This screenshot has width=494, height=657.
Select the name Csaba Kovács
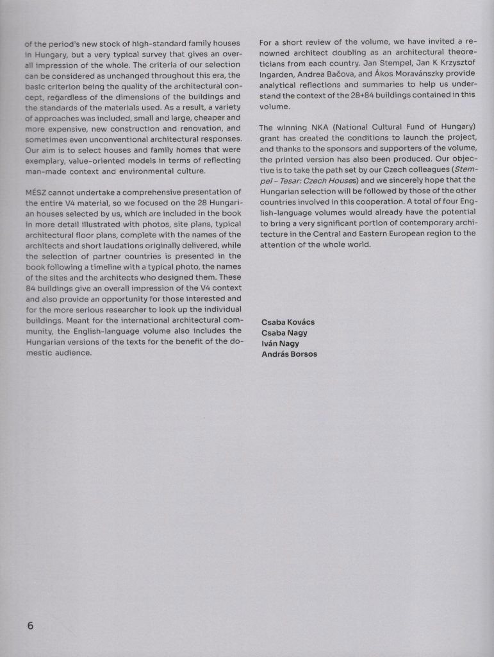tap(288, 321)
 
